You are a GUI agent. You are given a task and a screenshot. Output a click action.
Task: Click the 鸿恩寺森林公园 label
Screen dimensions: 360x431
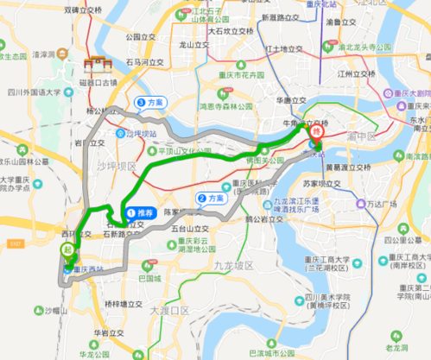pos(224,106)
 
